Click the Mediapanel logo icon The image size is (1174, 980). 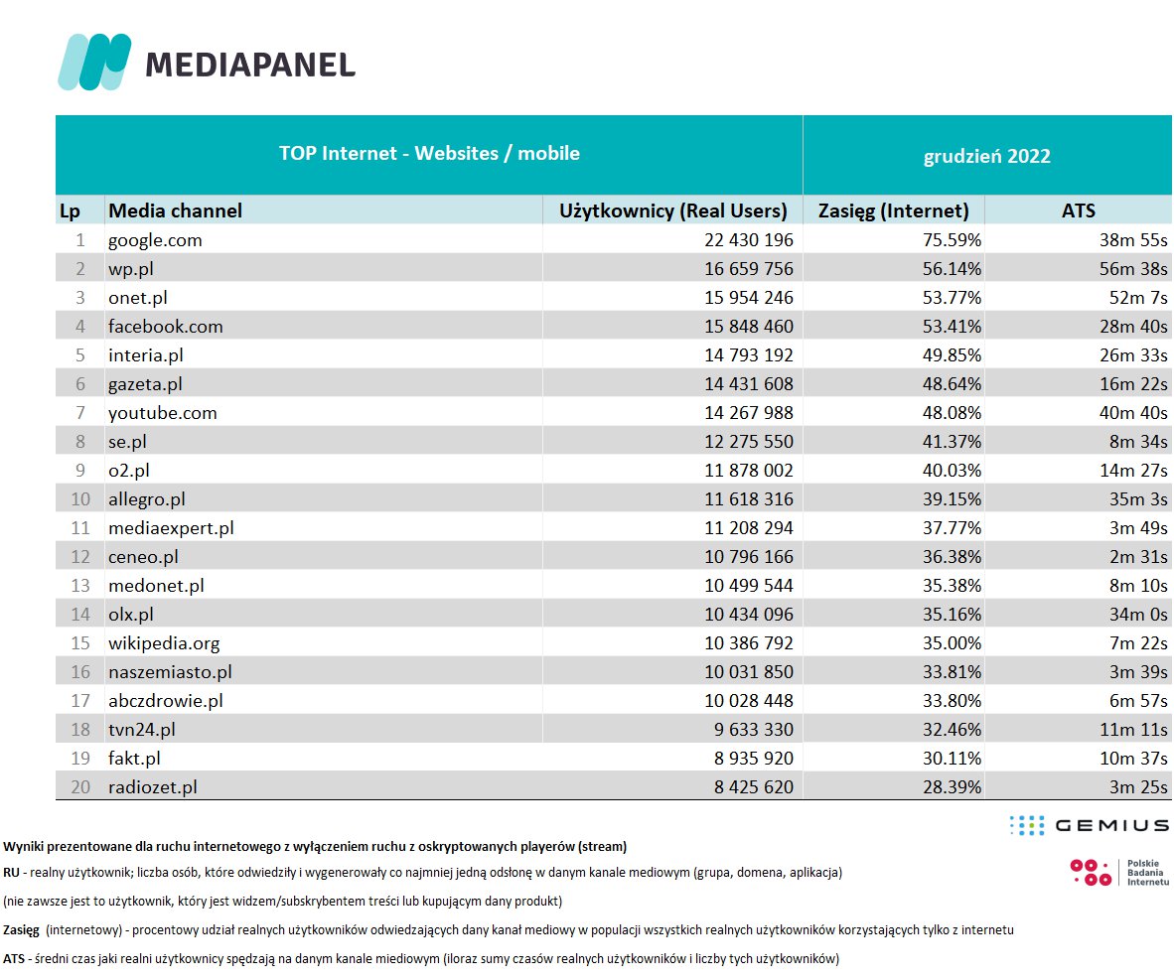coord(94,62)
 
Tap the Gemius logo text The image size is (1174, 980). coord(1111,825)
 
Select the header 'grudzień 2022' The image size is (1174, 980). coord(986,156)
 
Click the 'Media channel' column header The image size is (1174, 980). coord(175,210)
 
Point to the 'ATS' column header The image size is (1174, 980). coord(1079,210)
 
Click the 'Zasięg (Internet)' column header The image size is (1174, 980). coord(893,210)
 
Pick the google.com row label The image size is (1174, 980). coord(155,239)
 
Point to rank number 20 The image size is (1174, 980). coord(80,787)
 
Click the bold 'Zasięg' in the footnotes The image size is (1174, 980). coord(21,930)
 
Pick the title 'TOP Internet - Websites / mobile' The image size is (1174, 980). coord(429,154)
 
